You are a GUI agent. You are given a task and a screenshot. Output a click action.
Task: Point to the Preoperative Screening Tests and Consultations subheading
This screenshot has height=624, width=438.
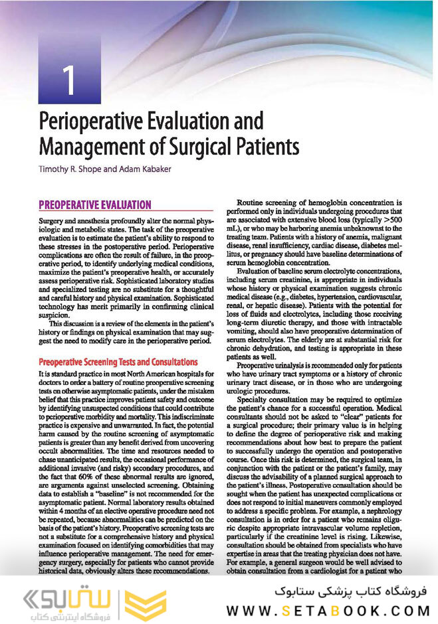pyautogui.click(x=118, y=362)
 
